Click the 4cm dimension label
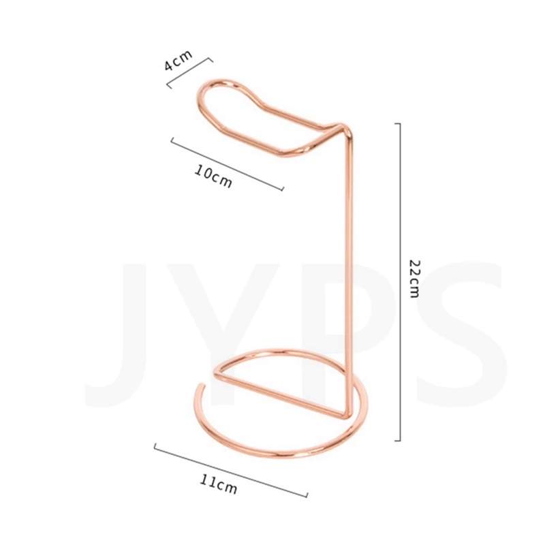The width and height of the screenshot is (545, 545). point(178,60)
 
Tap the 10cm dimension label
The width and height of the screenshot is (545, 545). point(213,176)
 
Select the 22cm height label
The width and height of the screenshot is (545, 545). point(415,279)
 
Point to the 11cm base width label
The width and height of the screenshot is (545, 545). point(219,484)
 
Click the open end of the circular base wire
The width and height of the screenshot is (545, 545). point(200,385)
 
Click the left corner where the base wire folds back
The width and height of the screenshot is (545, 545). point(216,373)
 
